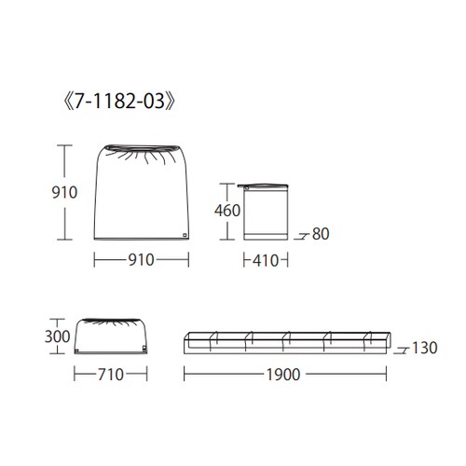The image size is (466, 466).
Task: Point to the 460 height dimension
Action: [x=228, y=210]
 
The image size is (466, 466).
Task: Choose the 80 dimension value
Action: [x=321, y=234]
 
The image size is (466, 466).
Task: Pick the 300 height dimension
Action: [x=59, y=335]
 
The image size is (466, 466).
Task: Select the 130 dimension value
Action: [x=424, y=349]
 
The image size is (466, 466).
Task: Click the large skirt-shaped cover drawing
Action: [x=139, y=196]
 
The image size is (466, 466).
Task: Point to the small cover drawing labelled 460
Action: [x=266, y=212]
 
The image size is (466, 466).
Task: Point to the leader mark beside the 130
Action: [x=401, y=352]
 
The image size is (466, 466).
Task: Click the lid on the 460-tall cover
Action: [x=266, y=184]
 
